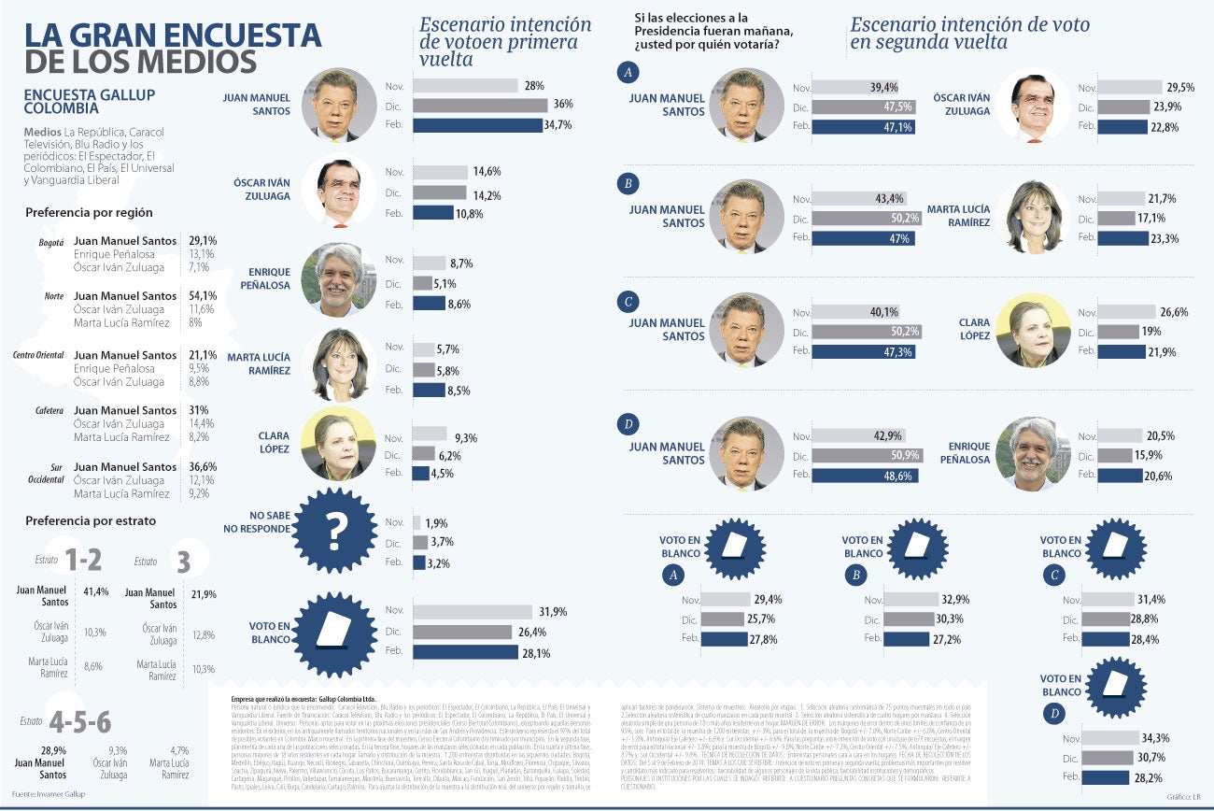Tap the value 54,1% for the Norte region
[203, 296]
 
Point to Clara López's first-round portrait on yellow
[340, 444]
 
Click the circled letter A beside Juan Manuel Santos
[630, 73]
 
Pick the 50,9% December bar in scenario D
[865, 455]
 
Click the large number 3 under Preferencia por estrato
[183, 562]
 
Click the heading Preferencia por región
[89, 213]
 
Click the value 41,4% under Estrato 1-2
[96, 592]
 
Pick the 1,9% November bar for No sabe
[416, 523]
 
